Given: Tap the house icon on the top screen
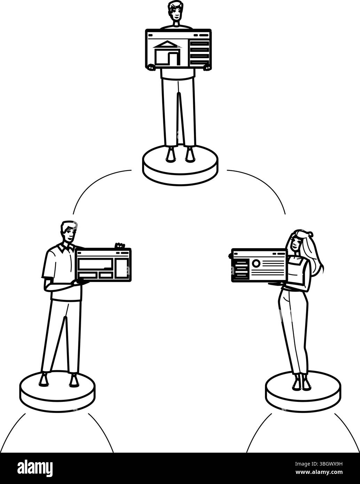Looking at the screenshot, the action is coord(167,53).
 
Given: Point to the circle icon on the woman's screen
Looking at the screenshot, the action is coord(256,264).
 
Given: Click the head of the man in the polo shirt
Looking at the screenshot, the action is coord(69,232).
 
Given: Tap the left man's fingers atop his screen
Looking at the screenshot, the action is coord(120,246).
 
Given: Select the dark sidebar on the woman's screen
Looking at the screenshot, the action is coord(241,269).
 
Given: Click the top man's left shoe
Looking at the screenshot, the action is coord(171,155).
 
